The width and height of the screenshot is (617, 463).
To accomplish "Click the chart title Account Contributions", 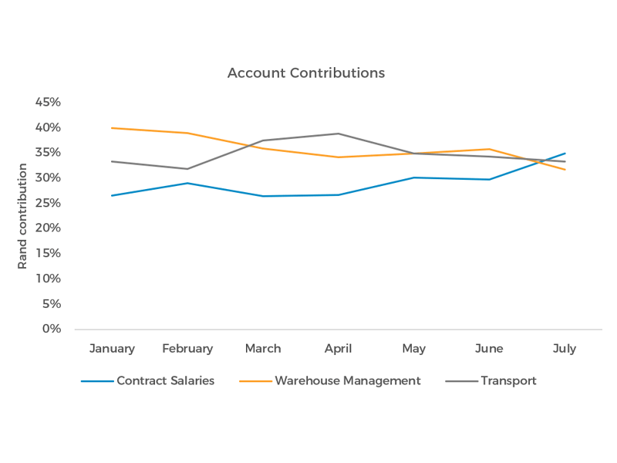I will click(x=306, y=73).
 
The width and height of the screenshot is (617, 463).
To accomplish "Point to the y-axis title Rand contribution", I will click(x=22, y=216).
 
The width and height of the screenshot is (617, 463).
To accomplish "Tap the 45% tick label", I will click(x=48, y=102).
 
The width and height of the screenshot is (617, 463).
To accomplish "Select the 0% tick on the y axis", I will click(x=51, y=329).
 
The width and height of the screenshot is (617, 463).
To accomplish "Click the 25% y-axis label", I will click(x=48, y=203).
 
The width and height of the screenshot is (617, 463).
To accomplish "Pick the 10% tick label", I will click(x=48, y=279).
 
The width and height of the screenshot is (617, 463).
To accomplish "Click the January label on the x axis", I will click(x=112, y=349).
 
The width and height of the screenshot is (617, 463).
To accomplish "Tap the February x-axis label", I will click(x=187, y=349).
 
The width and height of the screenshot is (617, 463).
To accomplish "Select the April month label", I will click(x=338, y=349).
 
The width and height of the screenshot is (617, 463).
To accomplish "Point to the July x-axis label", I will click(x=565, y=349).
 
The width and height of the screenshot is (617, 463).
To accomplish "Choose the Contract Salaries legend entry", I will click(x=165, y=380).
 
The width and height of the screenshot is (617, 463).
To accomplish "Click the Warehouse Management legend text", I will click(x=347, y=380).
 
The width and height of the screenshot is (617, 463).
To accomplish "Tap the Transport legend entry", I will click(x=508, y=380).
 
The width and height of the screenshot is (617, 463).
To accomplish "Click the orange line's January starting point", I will click(x=112, y=128).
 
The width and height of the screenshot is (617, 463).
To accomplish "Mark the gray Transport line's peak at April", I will click(x=339, y=133).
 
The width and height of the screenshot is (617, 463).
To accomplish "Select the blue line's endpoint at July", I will click(x=565, y=154).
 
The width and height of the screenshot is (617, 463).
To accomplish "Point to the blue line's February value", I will click(x=187, y=183).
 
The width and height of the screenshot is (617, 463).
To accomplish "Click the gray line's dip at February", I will click(x=187, y=168).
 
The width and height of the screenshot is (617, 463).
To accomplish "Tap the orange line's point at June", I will click(x=490, y=149).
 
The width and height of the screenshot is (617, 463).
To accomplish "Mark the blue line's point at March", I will click(x=263, y=196).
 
